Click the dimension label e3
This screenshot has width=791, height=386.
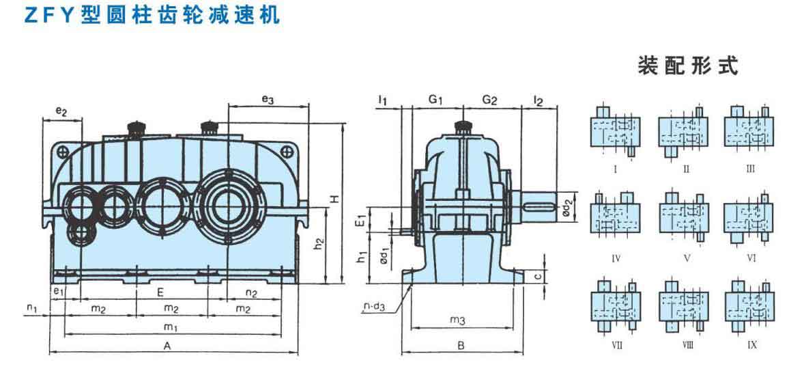268,100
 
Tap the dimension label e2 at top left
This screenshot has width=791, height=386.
61,111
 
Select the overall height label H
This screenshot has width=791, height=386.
334,199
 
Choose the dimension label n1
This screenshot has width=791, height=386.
32,309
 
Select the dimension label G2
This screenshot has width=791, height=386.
490,100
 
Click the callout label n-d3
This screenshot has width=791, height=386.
374,307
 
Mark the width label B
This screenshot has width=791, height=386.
461,346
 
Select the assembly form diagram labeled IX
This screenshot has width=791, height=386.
751,304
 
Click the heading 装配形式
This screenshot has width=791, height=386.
688,67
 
